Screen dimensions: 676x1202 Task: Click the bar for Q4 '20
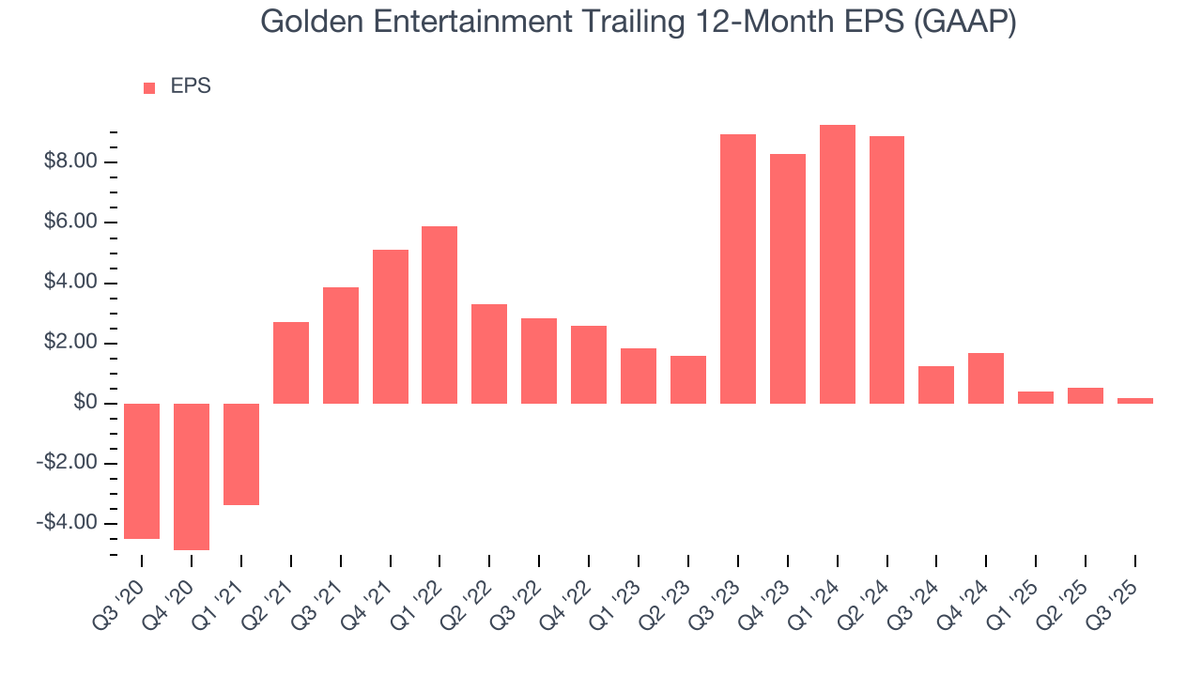point(192,476)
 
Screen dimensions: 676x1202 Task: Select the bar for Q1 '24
point(838,264)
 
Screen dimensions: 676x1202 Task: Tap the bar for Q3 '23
point(738,269)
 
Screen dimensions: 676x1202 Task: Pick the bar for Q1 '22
point(439,315)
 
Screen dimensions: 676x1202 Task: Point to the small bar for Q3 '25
point(1135,401)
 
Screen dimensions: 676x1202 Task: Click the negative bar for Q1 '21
point(241,454)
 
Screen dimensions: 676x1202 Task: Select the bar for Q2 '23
point(688,379)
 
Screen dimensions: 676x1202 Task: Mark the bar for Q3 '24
point(936,385)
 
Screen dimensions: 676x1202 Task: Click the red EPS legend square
point(149,88)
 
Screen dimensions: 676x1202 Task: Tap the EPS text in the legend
point(191,87)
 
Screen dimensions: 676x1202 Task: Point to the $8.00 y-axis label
point(71,162)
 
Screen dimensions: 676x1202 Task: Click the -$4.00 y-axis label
point(69,523)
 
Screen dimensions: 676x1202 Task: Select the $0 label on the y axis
point(86,403)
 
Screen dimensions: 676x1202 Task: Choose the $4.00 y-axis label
point(71,283)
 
